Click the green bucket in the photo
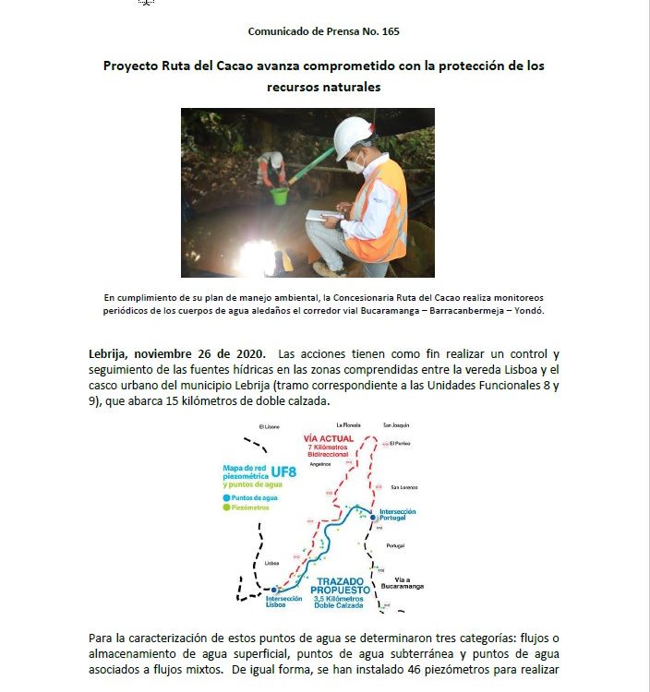tap(279, 196)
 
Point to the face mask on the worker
tap(355, 165)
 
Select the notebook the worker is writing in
tap(324, 215)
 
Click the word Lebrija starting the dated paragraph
tap(114, 354)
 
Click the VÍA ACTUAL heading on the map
tap(329, 439)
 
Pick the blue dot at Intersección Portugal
tap(373, 518)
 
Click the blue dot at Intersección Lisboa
tap(274, 589)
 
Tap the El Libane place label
tap(270, 427)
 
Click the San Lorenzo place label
tap(405, 487)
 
